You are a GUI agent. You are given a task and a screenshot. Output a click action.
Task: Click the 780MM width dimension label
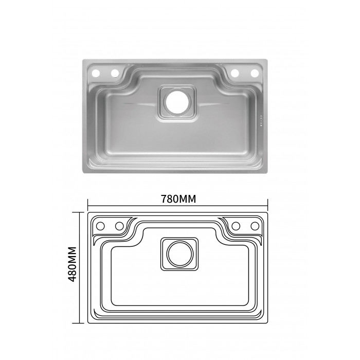[178, 199]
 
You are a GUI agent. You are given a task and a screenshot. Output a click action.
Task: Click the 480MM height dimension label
[72, 264]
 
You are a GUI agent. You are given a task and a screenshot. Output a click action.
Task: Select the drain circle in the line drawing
[180, 254]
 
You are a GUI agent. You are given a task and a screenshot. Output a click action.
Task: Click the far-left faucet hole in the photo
[96, 73]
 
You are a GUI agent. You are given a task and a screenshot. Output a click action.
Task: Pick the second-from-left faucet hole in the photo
[115, 73]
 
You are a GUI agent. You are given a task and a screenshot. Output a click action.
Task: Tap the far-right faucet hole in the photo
[255, 73]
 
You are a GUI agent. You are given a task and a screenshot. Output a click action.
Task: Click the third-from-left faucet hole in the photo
[235, 73]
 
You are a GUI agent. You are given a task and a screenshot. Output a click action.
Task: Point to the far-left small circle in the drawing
[100, 226]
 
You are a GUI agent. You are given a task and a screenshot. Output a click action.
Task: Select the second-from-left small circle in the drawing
[119, 226]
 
